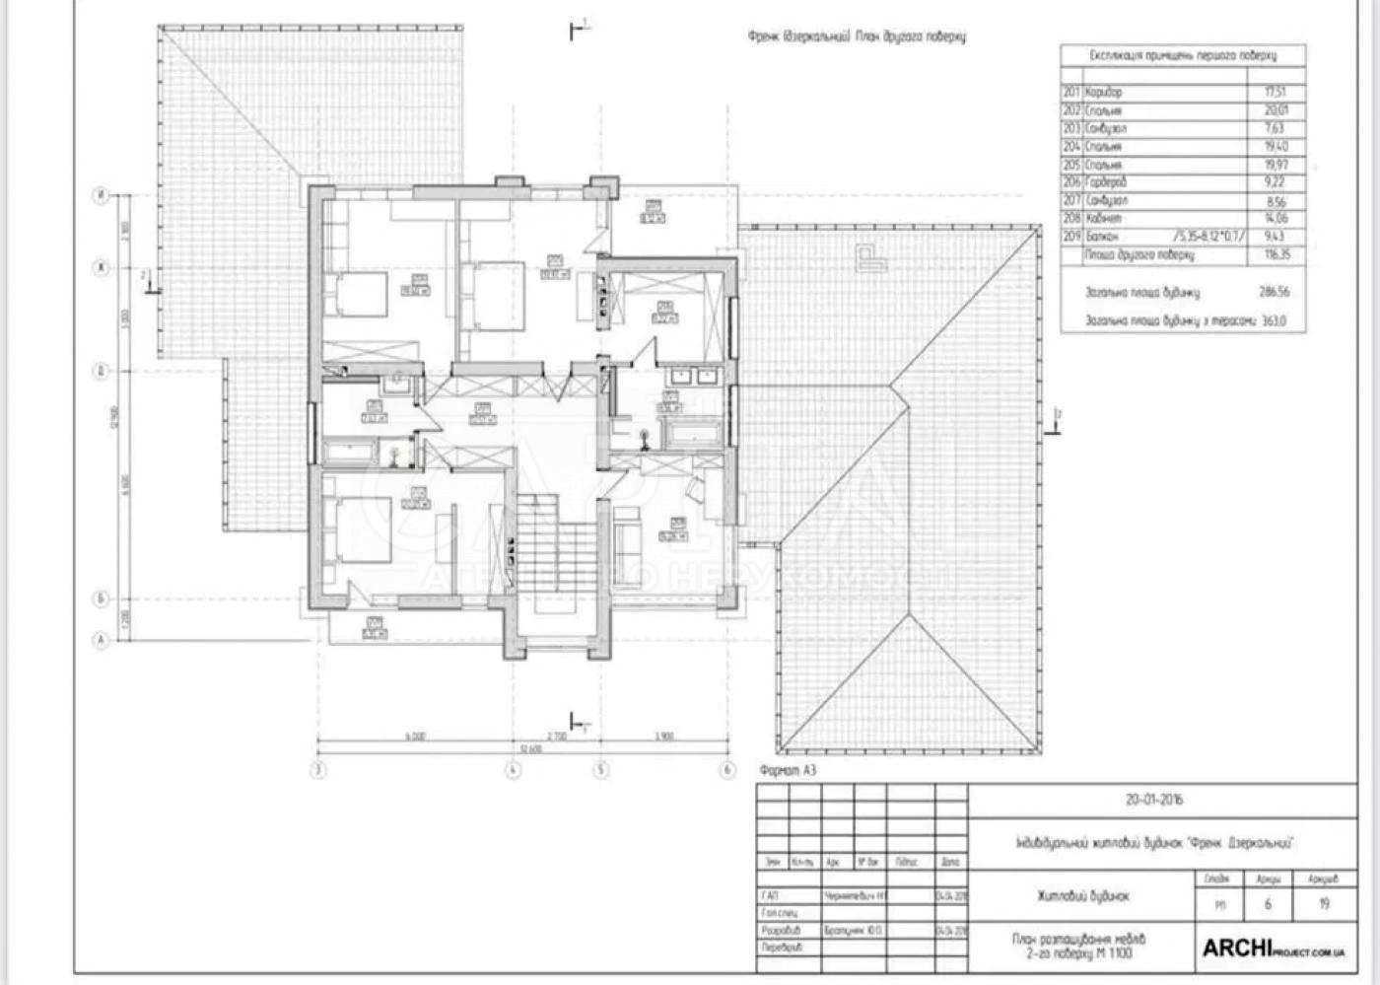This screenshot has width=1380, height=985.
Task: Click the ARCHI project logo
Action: click(x=1273, y=949)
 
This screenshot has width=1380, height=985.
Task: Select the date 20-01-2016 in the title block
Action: click(x=1154, y=800)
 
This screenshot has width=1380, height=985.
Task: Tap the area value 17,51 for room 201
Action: click(x=1276, y=92)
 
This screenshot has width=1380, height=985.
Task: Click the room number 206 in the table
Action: click(x=1071, y=182)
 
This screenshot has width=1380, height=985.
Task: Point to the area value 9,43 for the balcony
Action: click(x=1275, y=237)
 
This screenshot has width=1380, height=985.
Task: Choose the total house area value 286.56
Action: click(x=1274, y=292)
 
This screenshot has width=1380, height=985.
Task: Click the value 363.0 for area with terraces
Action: click(x=1274, y=320)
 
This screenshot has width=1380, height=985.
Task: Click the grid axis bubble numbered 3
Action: click(x=318, y=770)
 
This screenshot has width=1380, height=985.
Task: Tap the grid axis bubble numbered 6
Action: click(x=727, y=770)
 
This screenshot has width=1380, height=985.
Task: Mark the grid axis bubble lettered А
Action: click(x=101, y=641)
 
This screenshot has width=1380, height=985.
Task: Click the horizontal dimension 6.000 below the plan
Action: click(x=415, y=737)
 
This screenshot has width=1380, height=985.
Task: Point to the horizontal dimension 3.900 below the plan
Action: click(x=664, y=737)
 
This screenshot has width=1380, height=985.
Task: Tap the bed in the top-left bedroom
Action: click(x=359, y=294)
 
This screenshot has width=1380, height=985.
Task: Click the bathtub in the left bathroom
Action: click(x=351, y=454)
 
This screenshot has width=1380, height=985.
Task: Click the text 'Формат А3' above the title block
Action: click(x=789, y=770)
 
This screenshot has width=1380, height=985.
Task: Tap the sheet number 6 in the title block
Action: click(x=1268, y=903)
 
